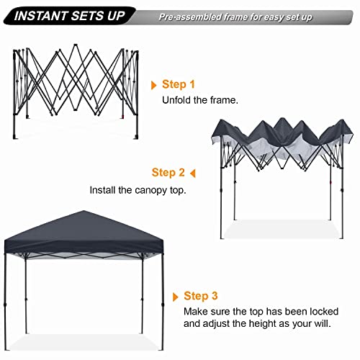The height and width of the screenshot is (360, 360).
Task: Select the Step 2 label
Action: pos(168,173)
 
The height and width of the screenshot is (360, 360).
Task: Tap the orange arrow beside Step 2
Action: pos(192,173)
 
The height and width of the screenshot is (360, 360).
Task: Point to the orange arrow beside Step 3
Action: pos(176,295)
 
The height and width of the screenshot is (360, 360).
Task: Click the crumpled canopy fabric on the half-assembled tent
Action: pos(281,140)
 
